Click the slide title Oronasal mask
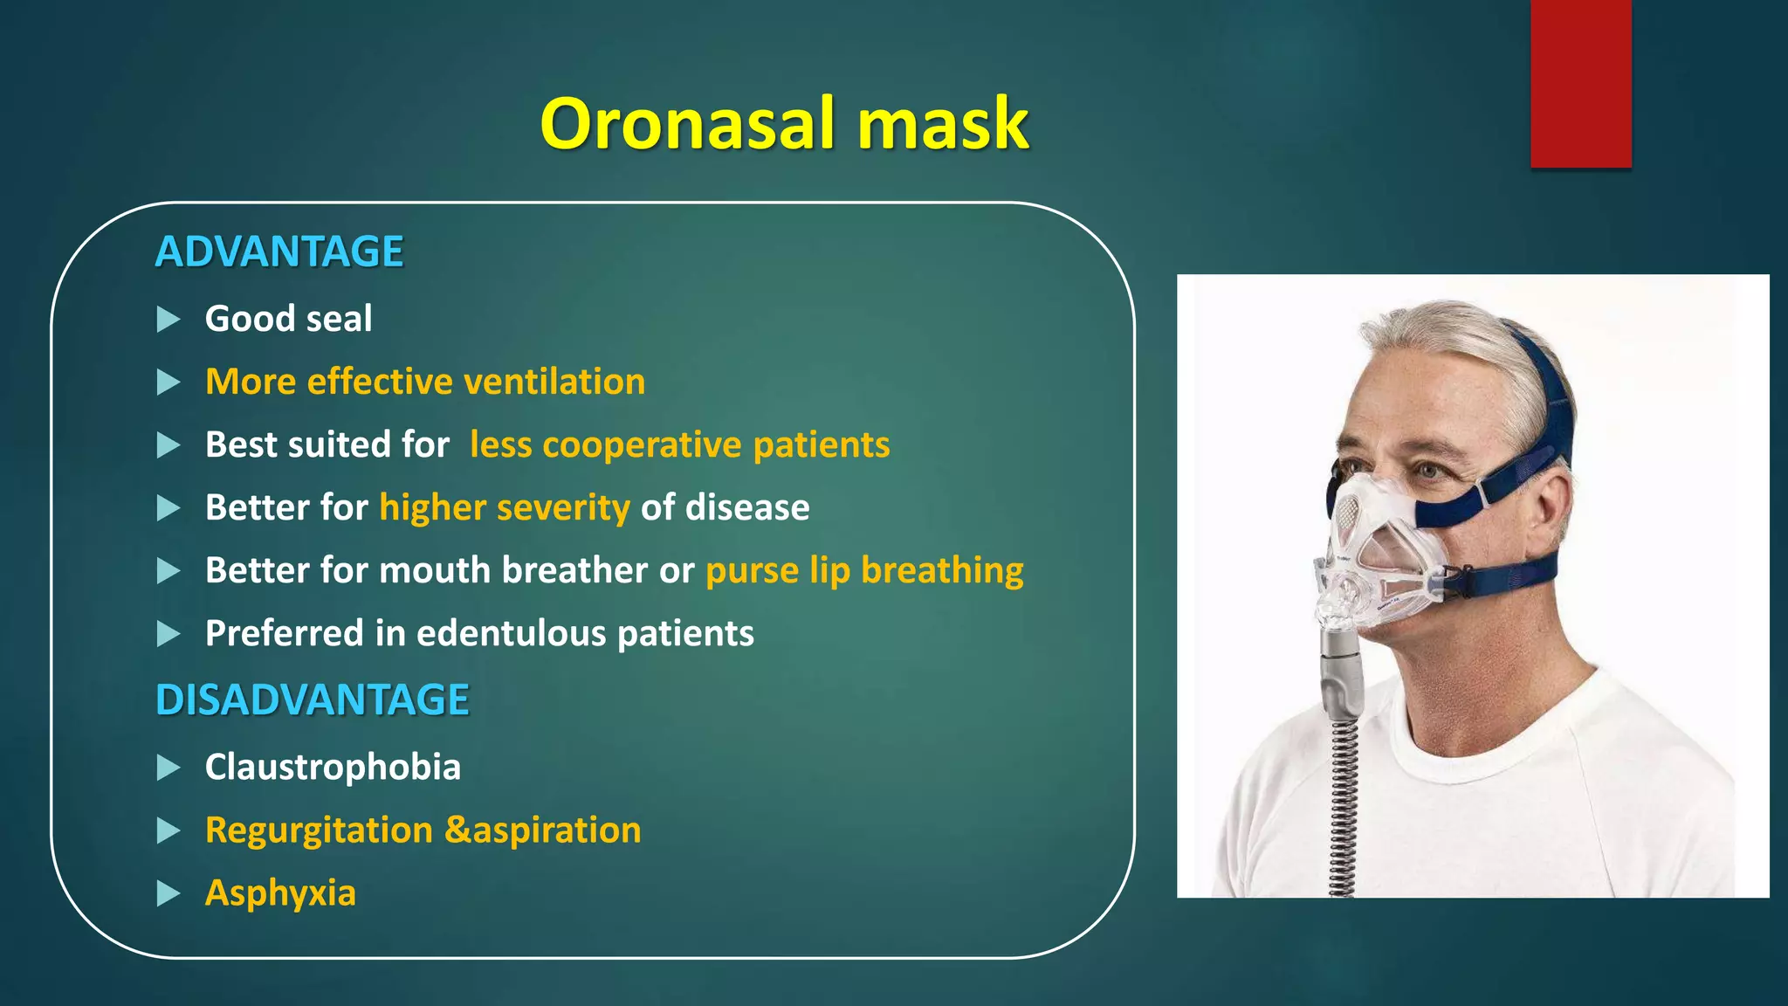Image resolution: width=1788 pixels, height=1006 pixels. click(784, 124)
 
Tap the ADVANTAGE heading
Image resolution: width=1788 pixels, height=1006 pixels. click(279, 252)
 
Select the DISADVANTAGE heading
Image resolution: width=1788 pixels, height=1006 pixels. click(313, 700)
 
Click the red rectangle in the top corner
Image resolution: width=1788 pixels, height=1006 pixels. click(1580, 83)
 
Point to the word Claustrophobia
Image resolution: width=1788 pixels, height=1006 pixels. click(333, 768)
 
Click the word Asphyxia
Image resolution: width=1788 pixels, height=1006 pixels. click(280, 893)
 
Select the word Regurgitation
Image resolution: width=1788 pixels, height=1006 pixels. click(319, 830)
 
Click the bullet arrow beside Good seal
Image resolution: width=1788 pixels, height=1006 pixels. click(168, 320)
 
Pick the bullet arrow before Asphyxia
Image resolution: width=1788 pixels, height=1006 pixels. click(168, 894)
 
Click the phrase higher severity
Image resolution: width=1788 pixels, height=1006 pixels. click(505, 508)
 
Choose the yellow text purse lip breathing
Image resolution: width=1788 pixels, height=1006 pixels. click(864, 571)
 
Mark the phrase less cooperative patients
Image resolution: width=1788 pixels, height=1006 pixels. click(679, 445)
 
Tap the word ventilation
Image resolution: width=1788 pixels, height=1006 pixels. click(554, 382)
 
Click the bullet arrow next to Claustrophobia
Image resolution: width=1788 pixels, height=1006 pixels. click(168, 768)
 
